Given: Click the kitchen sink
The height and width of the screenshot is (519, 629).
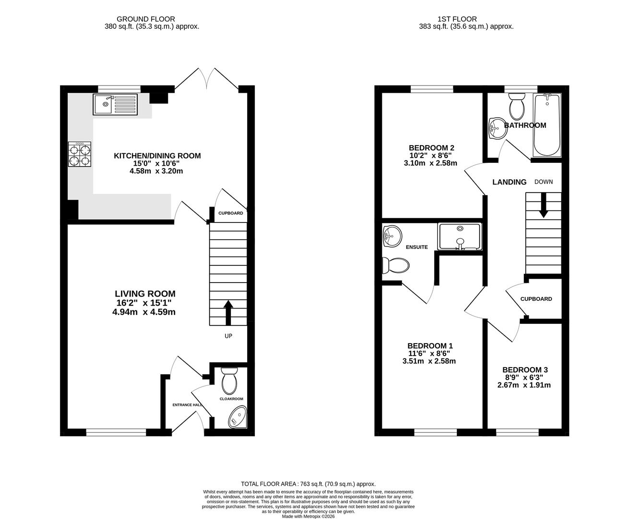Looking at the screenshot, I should pos(116,104).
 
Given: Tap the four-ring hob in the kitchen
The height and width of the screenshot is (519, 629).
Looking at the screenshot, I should pos(79,154).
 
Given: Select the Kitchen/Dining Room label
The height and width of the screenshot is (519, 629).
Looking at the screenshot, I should pos(157,156).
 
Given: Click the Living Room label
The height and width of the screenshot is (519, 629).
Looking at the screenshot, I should pos(145,294).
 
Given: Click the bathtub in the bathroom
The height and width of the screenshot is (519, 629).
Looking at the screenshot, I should pos(547,125).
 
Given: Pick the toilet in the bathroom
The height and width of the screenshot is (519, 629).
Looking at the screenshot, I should pos(517,107).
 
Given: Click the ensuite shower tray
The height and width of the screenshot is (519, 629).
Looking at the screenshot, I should pos(460,236).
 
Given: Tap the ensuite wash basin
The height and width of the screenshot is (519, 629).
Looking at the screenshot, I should pos(392,235).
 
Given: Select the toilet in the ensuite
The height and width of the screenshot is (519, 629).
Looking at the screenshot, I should pos(395,265).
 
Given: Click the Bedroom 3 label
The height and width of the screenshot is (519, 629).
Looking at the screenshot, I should pos(525,370).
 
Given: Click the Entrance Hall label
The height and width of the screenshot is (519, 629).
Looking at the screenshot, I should pos(187,405).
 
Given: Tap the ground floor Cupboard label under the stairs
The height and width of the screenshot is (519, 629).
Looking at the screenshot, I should pos(231,213).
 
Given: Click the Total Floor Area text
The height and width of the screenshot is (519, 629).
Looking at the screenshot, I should pos(308,484).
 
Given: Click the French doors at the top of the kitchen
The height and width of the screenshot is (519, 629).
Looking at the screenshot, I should pos(207,79).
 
